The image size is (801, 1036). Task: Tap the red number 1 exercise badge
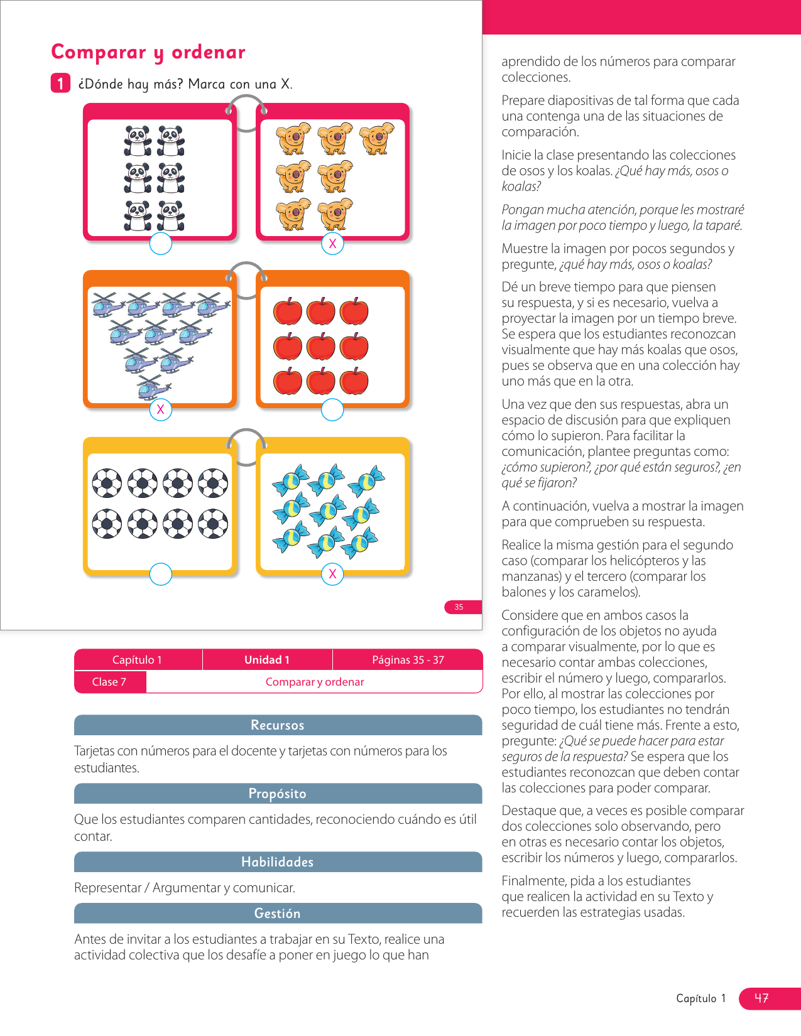60,84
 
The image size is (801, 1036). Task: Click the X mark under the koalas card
332,244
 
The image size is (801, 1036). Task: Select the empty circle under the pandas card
161,244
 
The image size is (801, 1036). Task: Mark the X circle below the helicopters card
161,409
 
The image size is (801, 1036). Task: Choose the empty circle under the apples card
332,409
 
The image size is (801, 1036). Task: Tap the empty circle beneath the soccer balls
161,574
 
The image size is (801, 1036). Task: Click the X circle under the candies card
332,574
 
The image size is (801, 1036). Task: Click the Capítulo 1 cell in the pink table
138,660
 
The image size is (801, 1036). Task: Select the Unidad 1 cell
267,660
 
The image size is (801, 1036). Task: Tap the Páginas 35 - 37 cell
408,660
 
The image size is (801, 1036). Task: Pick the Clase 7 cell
110,682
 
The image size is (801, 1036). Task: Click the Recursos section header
278,725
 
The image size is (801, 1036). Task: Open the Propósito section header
278,794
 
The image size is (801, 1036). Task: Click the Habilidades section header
278,862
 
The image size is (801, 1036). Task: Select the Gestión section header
278,914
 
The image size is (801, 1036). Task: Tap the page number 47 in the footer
761,998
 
